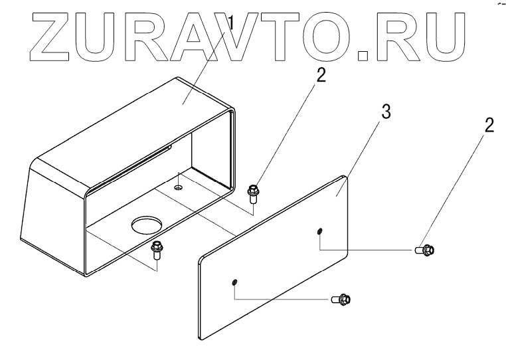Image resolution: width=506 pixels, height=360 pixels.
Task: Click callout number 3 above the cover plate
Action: coord(385,112)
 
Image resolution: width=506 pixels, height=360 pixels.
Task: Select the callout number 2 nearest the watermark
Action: coord(321,74)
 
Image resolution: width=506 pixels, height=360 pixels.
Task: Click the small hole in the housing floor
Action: coord(178,189)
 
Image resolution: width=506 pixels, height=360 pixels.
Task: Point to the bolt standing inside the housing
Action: coord(252,193)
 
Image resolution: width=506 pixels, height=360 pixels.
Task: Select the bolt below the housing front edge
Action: coord(157,251)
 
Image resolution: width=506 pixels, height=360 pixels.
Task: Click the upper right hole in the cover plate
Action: coord(320,231)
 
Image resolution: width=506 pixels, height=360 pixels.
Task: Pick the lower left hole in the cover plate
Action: coord(234,284)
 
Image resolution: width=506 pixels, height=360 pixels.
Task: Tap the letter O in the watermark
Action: coord(325,33)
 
